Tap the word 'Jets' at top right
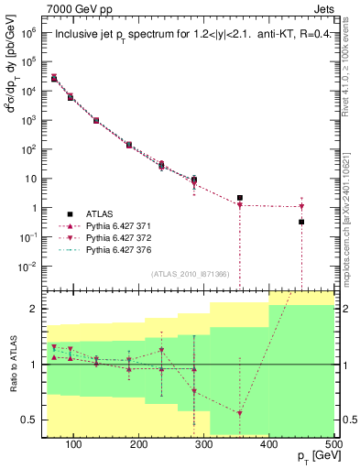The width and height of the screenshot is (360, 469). tap(323, 8)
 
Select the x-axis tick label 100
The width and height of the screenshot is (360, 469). tap(75, 445)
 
